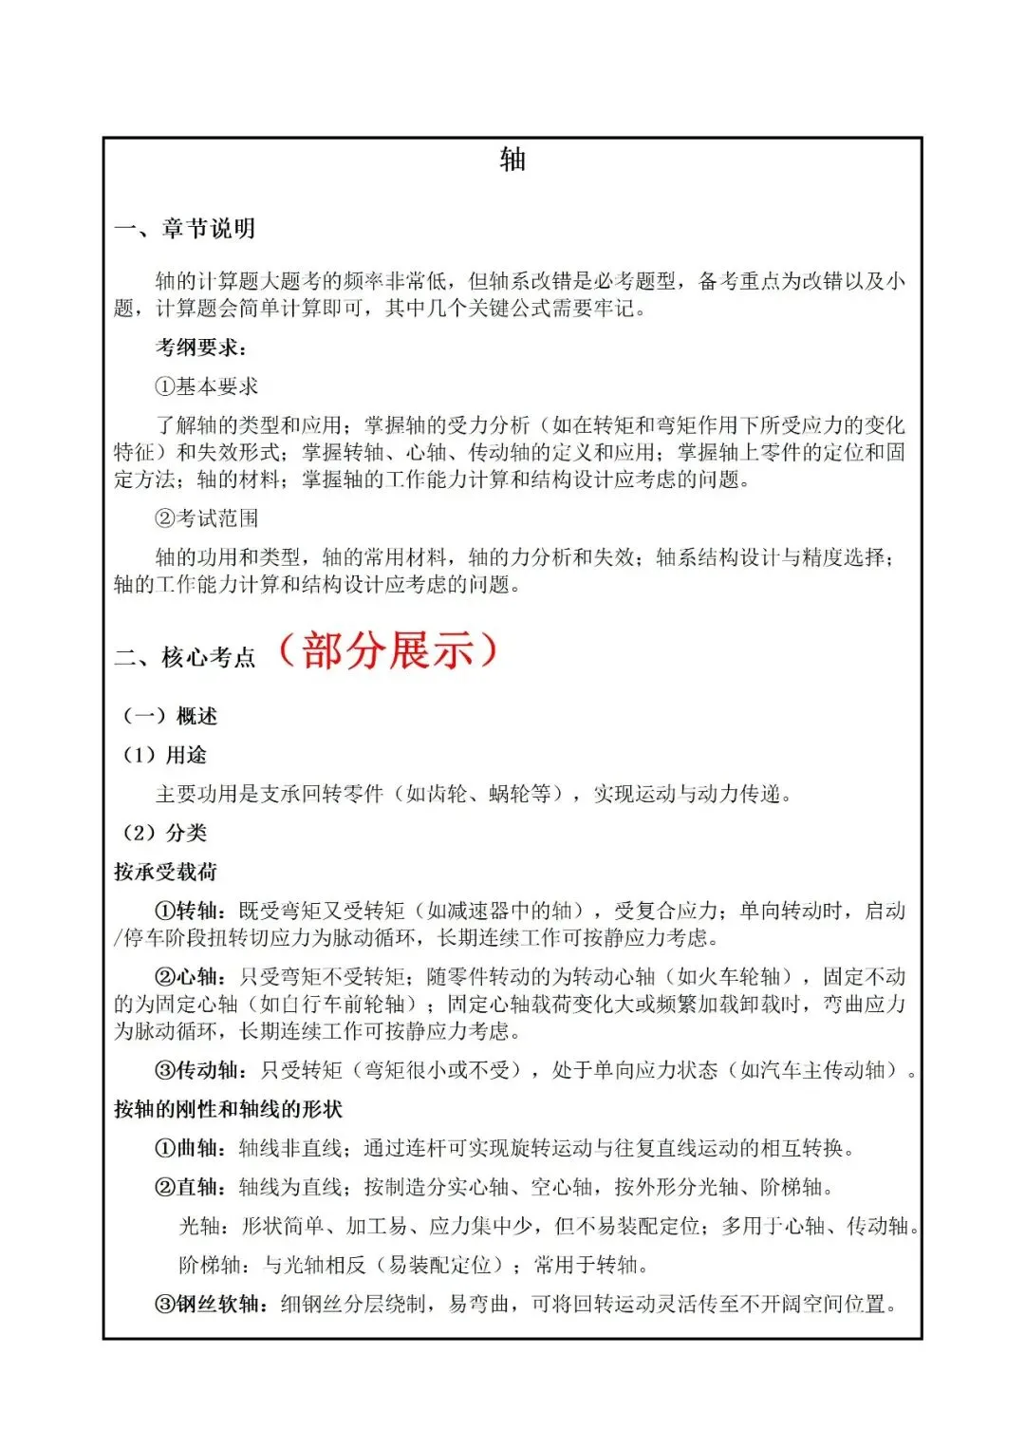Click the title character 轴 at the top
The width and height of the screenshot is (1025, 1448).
tap(512, 160)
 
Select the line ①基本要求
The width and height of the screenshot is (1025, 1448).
tap(206, 386)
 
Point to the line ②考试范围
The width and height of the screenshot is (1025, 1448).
tap(206, 518)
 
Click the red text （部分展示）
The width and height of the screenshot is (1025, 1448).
tap(387, 651)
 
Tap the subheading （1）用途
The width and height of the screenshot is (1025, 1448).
tap(162, 755)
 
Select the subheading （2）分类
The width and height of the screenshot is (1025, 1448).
tap(162, 833)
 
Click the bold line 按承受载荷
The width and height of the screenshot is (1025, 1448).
tap(165, 872)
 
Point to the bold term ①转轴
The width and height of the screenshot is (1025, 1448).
tap(190, 911)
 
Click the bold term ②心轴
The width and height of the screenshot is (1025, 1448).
tap(190, 976)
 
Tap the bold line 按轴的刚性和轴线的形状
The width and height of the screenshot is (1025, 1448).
tap(228, 1109)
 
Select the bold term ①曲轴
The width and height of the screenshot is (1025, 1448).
tap(190, 1148)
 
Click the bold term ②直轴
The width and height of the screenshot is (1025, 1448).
tap(190, 1187)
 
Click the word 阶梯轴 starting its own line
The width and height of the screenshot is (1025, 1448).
tap(210, 1265)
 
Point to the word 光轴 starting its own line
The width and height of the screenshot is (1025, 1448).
tap(199, 1226)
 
